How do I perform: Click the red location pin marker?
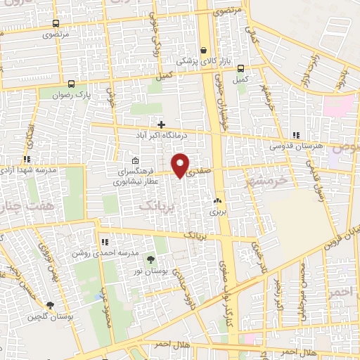[181, 165]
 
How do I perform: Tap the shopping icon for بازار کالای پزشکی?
[204, 51]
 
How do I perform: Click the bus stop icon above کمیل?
[241, 69]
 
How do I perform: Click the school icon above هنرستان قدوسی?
[297, 135]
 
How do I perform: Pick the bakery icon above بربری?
[217, 200]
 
